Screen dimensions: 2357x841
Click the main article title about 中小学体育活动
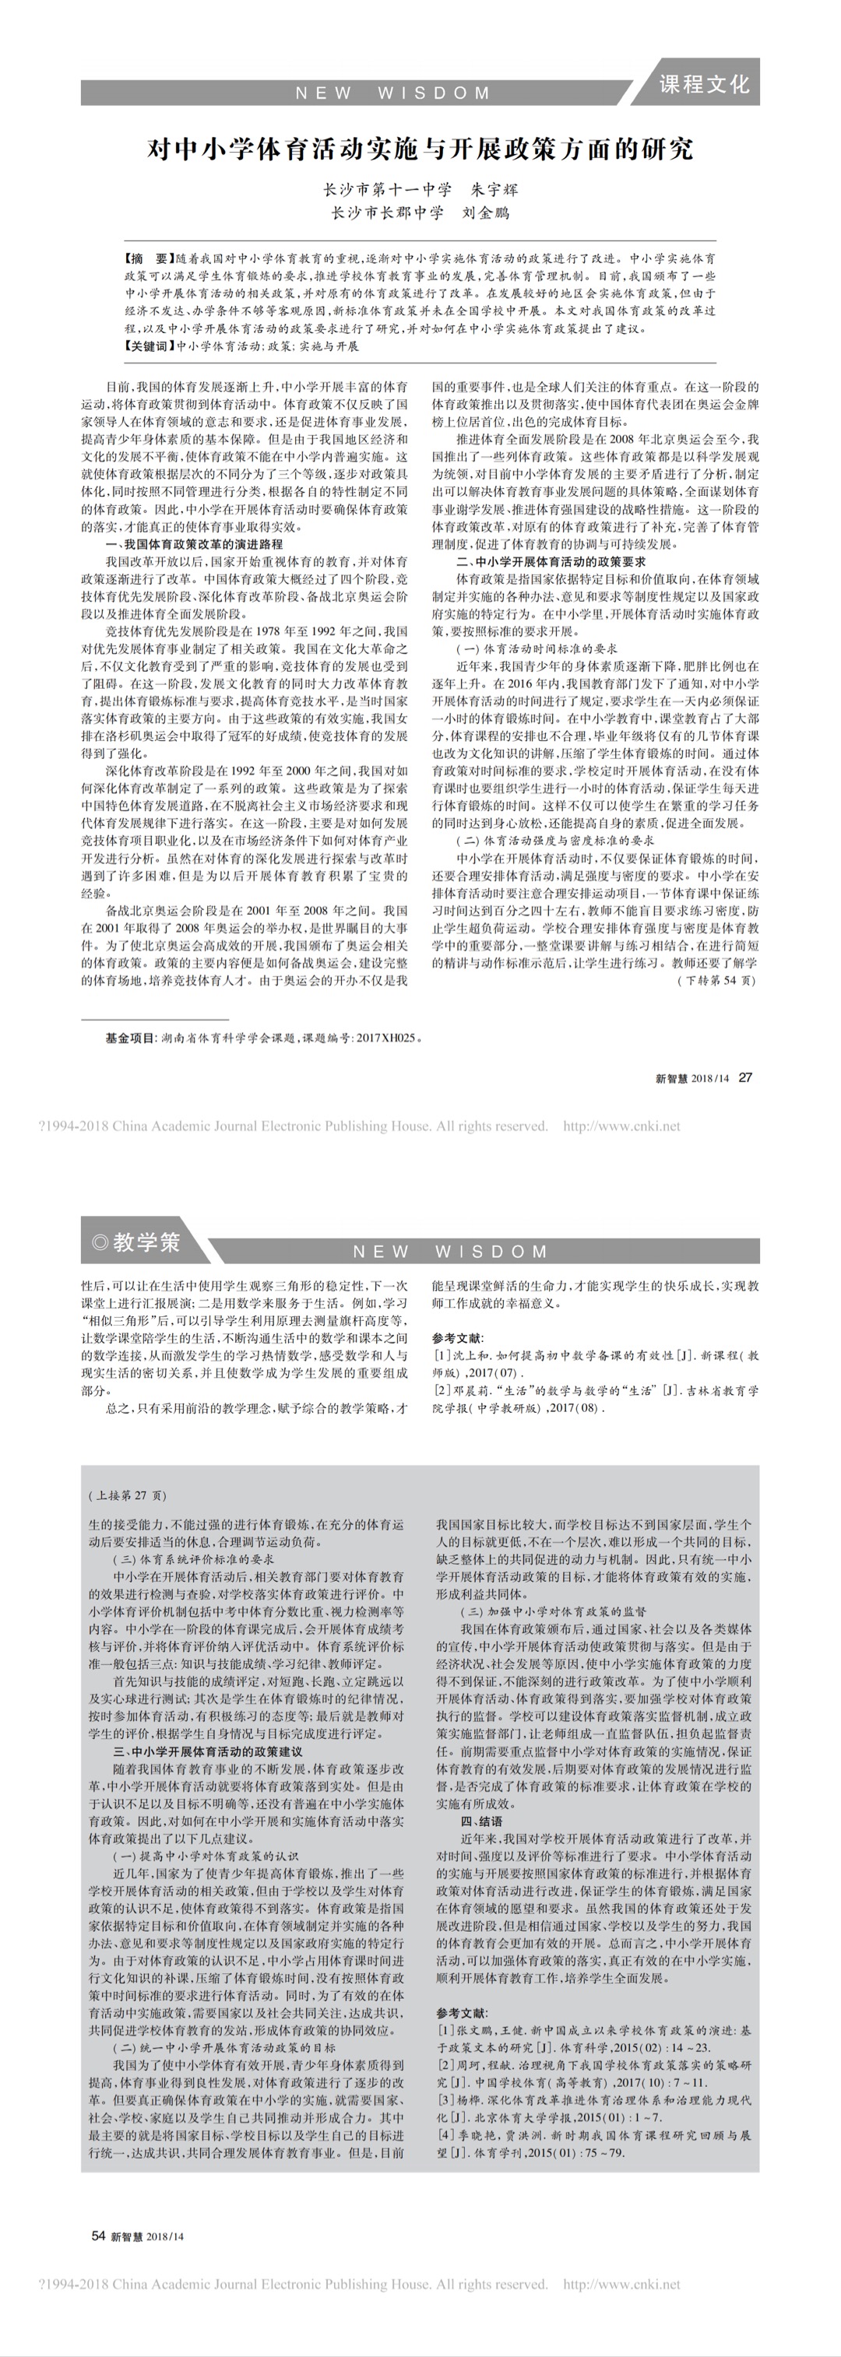(420, 149)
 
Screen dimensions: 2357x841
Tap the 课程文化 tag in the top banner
(704, 84)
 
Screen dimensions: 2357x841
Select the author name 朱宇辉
(494, 189)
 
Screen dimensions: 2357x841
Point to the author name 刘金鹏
(486, 213)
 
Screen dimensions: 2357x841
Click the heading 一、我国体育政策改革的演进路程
(195, 544)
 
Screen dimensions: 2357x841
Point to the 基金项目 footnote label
(130, 1038)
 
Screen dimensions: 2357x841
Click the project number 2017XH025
(385, 1038)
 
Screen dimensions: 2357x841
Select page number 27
(746, 1078)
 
